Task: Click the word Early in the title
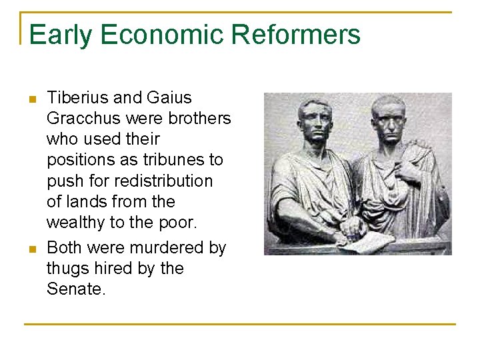tap(59, 35)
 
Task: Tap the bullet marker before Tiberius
tap(31, 100)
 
